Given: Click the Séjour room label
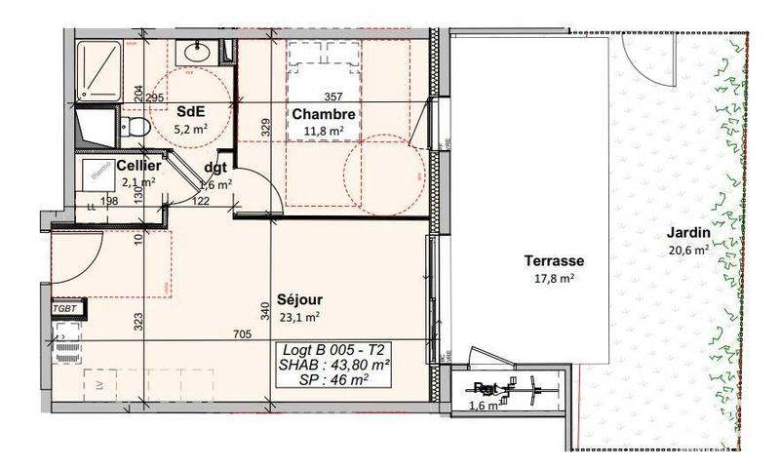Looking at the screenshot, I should (x=299, y=299).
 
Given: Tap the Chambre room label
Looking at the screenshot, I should (x=323, y=114).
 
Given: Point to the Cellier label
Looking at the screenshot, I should (x=137, y=166).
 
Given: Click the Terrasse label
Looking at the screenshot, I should (x=554, y=261).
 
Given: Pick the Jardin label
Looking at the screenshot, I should (x=688, y=233).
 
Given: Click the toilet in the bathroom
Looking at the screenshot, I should (x=136, y=127).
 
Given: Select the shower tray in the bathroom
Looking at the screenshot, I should (x=98, y=64).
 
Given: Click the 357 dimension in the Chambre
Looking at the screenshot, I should (x=332, y=97).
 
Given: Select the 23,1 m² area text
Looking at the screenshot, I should (x=299, y=316).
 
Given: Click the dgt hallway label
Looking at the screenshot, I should (x=214, y=168).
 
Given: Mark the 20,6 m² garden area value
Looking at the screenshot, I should (x=688, y=250).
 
